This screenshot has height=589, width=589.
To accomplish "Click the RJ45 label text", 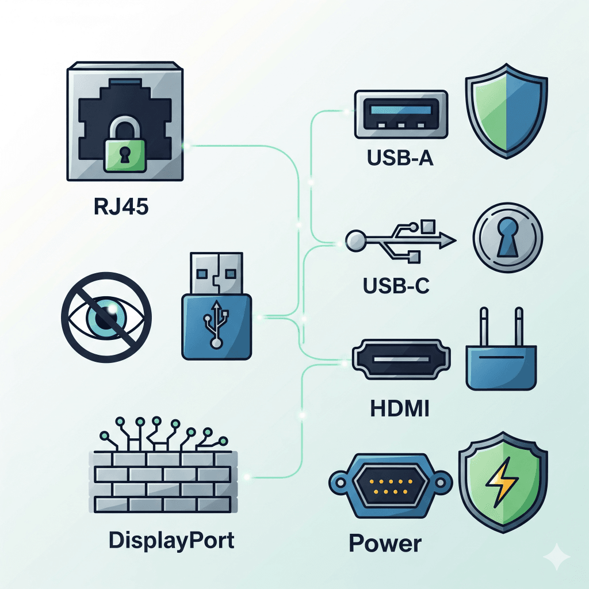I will tap(120, 206).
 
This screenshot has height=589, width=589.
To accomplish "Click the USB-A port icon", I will tap(401, 114).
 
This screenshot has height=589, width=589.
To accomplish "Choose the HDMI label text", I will tap(399, 409).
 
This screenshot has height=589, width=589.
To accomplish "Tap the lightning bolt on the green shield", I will tap(501, 480).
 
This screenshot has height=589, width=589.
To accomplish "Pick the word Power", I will tap(385, 542).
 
